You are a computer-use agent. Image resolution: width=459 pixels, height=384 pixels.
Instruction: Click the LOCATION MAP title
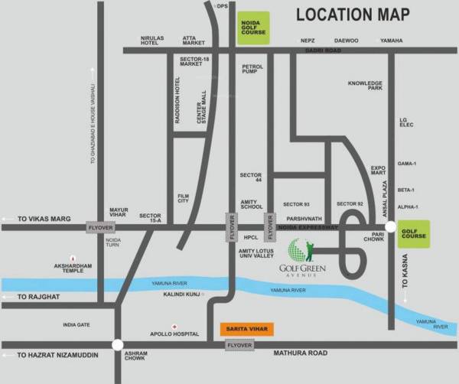[x=352, y=14]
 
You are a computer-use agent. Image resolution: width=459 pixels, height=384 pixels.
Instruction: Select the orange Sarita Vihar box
[x=246, y=329]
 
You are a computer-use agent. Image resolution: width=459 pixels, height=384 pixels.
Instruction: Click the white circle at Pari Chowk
[x=391, y=227]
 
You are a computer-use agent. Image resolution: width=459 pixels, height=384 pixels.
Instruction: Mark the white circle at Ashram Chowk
[x=117, y=345]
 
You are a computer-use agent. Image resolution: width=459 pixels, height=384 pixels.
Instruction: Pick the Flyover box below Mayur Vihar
[x=100, y=228]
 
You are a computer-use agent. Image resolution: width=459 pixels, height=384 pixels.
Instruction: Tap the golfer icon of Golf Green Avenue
[x=300, y=249]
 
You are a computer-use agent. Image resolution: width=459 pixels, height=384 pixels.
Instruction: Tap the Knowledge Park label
[x=364, y=85]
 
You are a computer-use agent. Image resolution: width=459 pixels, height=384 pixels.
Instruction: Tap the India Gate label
[x=76, y=325]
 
